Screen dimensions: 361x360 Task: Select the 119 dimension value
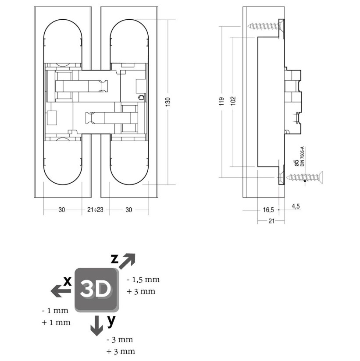pos(222,102)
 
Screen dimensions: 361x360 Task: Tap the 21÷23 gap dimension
pos(95,210)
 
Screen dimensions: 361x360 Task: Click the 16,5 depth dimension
pos(268,210)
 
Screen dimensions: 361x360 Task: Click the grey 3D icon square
pos(96,290)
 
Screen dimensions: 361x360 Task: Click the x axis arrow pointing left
pos(58,290)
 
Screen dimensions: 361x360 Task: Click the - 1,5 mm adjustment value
pos(143,279)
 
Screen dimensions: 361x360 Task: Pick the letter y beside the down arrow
pos(111,321)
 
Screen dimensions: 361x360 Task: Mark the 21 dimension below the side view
pos(271,221)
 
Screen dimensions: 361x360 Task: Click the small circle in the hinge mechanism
pos(141,97)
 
